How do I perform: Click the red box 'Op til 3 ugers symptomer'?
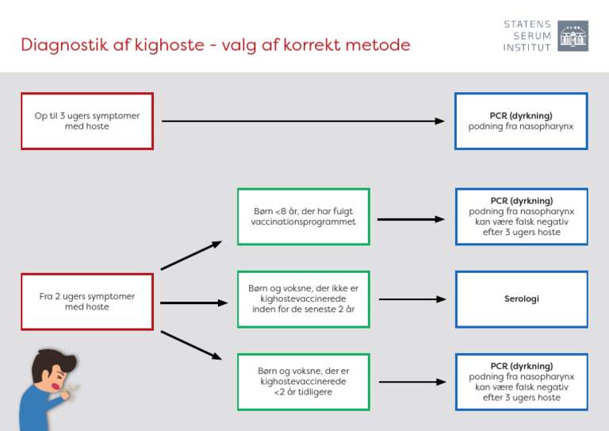tap(86, 121)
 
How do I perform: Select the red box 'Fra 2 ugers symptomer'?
tap(86, 302)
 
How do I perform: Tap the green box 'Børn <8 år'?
tap(304, 217)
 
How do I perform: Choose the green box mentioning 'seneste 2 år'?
tap(304, 299)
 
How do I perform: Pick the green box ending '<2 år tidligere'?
tap(304, 382)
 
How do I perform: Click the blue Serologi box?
tap(521, 299)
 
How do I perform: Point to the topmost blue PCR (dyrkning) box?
tap(521, 121)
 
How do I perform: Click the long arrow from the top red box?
tap(301, 121)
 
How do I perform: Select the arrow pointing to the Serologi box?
tap(412, 299)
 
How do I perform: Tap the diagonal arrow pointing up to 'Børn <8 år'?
tap(191, 256)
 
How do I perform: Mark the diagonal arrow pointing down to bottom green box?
tap(191, 345)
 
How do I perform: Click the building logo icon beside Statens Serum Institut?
tap(573, 36)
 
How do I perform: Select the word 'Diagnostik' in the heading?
tap(64, 45)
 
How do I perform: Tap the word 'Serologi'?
tap(521, 299)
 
